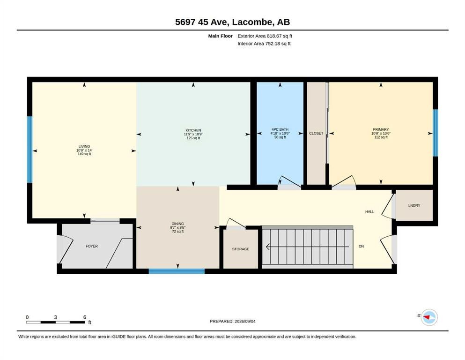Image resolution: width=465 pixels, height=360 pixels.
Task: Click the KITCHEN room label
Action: [193, 130]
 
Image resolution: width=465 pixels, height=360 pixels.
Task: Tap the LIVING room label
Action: [84, 146]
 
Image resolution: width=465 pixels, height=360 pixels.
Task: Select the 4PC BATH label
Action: [280, 130]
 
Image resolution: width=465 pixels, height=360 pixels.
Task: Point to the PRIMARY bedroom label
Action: [381, 130]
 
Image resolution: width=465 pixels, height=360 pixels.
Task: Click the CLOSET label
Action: [316, 133]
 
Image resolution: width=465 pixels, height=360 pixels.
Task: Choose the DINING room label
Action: [177, 224]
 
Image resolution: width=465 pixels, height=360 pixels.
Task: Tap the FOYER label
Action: [92, 246]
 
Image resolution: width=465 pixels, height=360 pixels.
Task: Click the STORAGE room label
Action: [241, 249]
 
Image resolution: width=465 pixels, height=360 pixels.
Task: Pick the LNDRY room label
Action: [414, 205]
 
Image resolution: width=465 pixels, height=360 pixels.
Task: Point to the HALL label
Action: [369, 211]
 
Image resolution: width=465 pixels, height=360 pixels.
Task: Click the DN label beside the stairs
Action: [361, 247]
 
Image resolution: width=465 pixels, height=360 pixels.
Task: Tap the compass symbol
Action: [429, 317]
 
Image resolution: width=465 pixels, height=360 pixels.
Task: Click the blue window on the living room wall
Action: [30, 149]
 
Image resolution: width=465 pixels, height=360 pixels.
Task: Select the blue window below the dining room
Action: [177, 271]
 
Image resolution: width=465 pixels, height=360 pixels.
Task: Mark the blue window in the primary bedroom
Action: [435, 133]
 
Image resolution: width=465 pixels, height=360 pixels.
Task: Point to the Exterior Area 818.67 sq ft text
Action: [265, 36]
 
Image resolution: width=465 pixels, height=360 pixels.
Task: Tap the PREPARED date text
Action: [232, 321]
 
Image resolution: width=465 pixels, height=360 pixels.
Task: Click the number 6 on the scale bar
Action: [84, 317]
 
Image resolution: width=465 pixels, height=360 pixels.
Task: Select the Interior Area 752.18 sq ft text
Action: [264, 44]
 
